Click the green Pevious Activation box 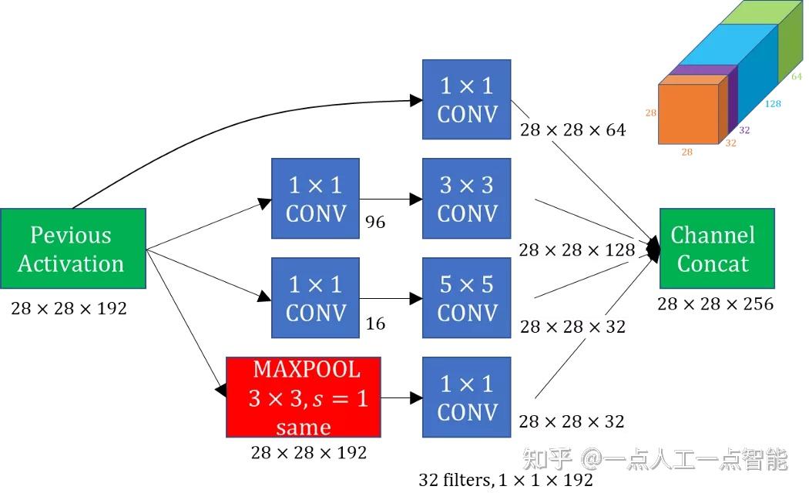click(72, 249)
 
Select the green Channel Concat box click(716, 249)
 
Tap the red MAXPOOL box click(304, 397)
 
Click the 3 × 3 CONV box click(466, 198)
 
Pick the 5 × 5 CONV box click(466, 298)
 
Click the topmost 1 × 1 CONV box click(466, 99)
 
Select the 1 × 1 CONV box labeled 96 click(315, 198)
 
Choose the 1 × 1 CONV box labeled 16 click(315, 298)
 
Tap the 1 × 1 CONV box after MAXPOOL click(466, 397)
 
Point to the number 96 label click(374, 223)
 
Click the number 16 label click(374, 324)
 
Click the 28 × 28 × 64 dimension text click(572, 130)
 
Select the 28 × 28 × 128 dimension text click(576, 250)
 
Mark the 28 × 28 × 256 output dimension click(715, 304)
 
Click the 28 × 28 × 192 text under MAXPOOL click(308, 452)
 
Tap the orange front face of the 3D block click(688, 114)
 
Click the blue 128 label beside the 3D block click(773, 103)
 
